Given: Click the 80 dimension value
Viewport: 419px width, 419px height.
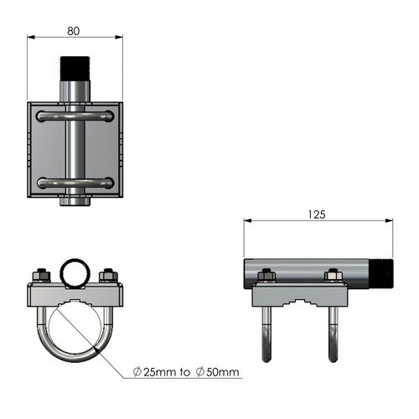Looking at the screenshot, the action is pos(74,31).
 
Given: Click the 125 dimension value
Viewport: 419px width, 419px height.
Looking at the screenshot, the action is pos(317,215).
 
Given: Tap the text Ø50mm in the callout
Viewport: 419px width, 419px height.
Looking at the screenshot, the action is pos(218,372).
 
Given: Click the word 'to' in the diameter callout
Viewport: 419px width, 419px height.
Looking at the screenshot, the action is pos(185,372).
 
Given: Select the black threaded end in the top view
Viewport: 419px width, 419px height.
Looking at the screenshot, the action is pos(75,69).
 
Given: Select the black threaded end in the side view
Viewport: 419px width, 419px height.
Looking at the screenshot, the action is pos(381,274).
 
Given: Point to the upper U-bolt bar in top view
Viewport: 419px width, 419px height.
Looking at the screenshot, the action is pos(75,116).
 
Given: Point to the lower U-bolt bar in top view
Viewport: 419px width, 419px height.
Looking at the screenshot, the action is pos(75,183).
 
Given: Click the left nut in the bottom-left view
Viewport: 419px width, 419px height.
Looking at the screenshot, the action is pos(42,276).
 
